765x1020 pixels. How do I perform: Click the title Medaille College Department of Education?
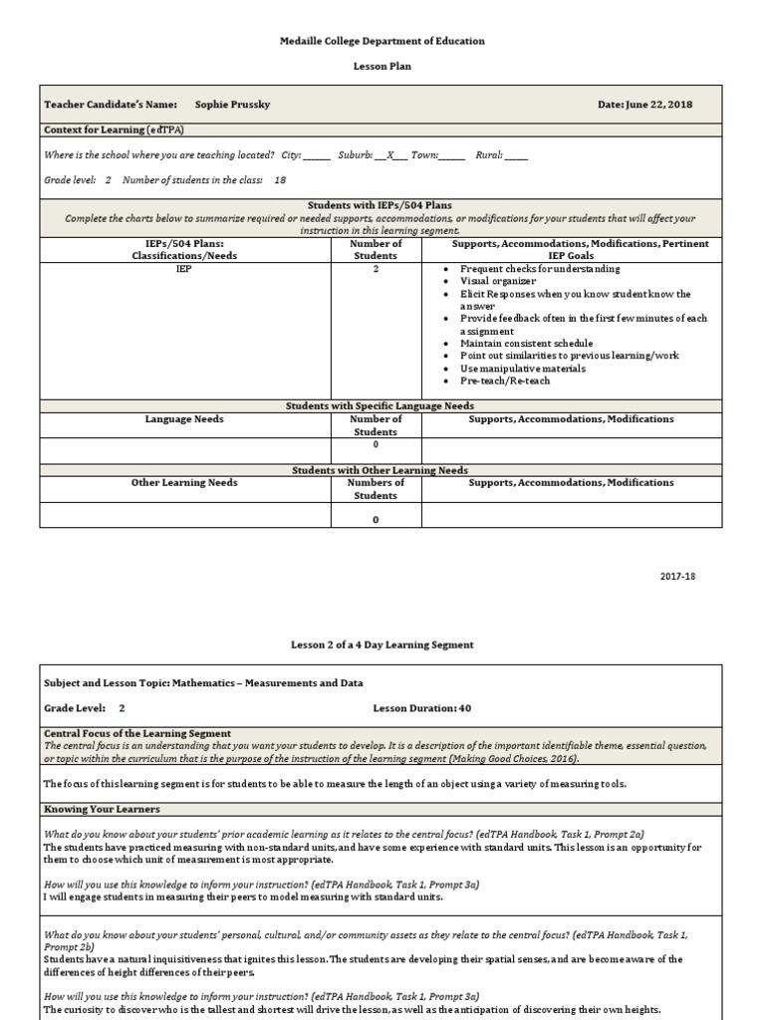[382, 41]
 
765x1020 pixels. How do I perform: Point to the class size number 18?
[280, 180]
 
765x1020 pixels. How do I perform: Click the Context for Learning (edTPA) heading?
[115, 129]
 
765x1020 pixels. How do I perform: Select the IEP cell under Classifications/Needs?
[184, 269]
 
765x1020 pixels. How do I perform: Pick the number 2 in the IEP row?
[376, 269]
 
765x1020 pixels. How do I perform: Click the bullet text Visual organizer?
[497, 281]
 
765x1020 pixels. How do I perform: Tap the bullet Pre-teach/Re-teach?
[505, 381]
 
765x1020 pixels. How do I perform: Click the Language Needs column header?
[184, 419]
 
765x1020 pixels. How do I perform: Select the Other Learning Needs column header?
[184, 482]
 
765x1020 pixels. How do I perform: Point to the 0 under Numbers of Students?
[376, 519]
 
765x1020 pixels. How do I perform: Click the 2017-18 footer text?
[677, 577]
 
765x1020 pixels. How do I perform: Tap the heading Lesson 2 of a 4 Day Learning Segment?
[382, 644]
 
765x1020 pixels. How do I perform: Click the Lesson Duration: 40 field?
[414, 708]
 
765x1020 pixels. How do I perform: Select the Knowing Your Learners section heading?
[102, 810]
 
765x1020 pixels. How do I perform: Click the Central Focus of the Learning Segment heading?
[137, 733]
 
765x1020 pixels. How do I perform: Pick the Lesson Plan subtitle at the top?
[382, 66]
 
